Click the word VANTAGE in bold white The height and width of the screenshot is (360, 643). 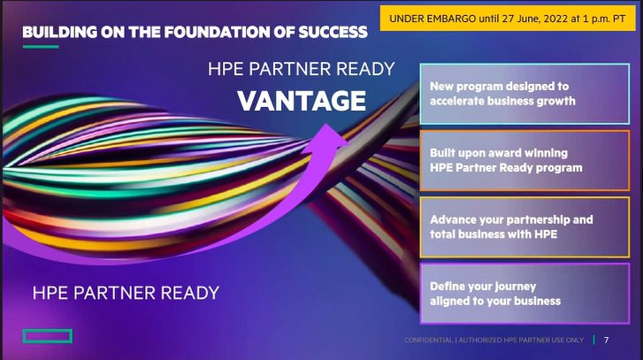[302, 101]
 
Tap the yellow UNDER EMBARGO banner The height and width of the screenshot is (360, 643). [508, 17]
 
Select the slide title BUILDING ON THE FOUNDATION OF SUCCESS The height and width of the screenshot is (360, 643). [195, 33]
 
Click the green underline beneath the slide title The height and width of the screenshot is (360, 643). [40, 47]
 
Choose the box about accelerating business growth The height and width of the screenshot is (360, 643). [524, 94]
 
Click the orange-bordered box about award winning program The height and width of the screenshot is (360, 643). [524, 160]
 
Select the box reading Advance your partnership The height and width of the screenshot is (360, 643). [524, 226]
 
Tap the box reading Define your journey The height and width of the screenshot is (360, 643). [524, 294]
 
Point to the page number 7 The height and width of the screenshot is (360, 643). [606, 340]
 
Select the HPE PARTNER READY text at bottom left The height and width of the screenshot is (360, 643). [126, 292]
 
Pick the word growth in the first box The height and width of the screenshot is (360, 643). [555, 101]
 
